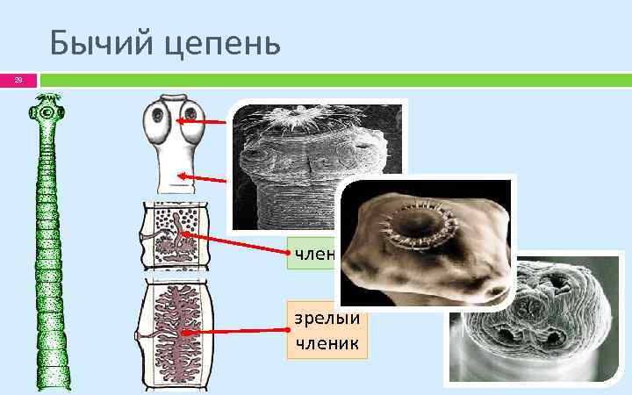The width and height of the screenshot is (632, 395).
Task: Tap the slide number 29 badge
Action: (16, 81)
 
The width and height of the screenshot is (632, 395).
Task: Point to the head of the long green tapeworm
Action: (46, 113)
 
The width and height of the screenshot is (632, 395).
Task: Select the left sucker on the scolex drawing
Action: (160, 114)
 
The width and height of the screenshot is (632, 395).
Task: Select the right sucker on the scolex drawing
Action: (189, 115)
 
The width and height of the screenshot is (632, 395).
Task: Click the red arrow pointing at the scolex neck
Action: (206, 179)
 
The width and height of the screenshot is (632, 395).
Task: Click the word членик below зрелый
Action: (327, 342)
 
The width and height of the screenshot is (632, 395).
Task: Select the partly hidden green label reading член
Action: (312, 255)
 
